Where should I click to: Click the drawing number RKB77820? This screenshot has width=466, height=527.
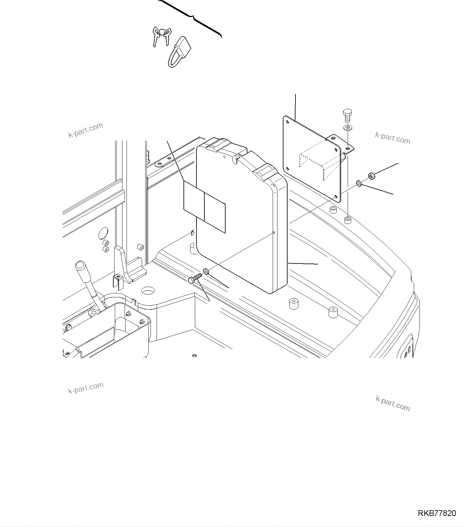pos(437,513)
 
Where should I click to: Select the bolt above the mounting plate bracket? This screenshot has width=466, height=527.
pos(348,116)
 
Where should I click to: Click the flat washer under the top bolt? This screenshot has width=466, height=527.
pos(348,128)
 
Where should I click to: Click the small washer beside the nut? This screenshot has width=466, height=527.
pos(359,183)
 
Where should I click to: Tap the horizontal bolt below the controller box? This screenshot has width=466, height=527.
pos(195,278)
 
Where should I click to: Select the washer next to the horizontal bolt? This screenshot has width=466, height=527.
pos(206,271)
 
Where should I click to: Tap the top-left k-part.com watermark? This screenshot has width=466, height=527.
pos(86,130)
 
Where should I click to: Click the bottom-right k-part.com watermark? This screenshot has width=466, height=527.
pos(393,404)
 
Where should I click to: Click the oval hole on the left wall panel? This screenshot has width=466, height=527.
pos(103,233)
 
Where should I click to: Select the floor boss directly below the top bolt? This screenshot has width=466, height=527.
pos(348,220)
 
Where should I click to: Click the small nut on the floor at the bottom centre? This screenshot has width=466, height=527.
pos(195,356)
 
